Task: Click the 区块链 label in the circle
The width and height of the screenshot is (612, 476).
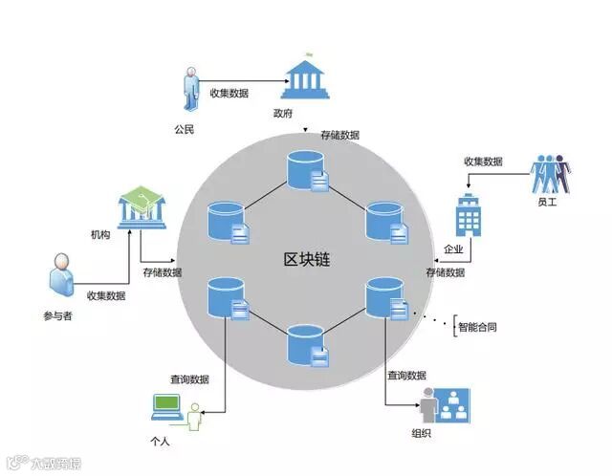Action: [307, 259]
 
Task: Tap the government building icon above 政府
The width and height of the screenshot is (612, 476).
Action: [306, 81]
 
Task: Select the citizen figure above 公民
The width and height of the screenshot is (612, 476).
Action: [189, 91]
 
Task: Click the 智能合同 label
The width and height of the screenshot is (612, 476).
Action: [477, 327]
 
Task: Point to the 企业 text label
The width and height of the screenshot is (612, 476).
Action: [454, 249]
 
